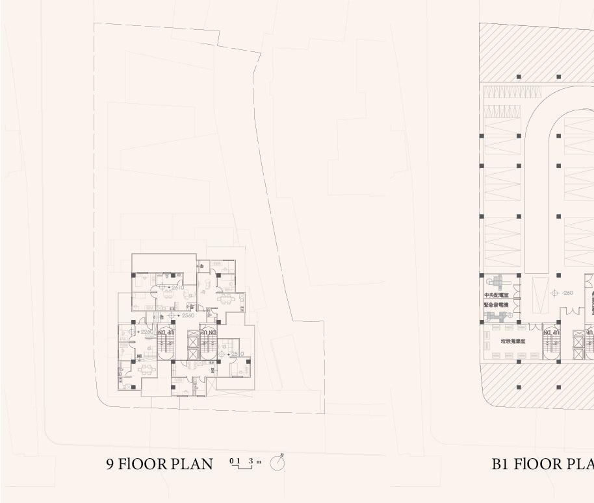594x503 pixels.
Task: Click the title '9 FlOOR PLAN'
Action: pyautogui.click(x=159, y=464)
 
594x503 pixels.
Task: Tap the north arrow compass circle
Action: pyautogui.click(x=278, y=463)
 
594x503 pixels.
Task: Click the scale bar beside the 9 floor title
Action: pyautogui.click(x=241, y=464)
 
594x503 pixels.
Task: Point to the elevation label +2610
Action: pyautogui.click(x=177, y=288)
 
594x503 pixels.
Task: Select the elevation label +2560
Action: pyautogui.click(x=187, y=315)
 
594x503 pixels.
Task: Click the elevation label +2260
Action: pyautogui.click(x=147, y=332)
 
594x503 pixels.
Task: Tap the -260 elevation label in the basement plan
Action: pyautogui.click(x=567, y=293)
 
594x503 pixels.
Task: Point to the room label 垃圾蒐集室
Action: pyautogui.click(x=513, y=340)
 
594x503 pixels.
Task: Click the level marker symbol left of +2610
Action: pyautogui.click(x=162, y=288)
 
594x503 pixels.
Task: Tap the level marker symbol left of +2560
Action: pyautogui.click(x=171, y=315)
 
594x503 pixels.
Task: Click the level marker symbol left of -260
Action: pyautogui.click(x=555, y=293)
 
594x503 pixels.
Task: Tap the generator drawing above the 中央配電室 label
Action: pyautogui.click(x=498, y=282)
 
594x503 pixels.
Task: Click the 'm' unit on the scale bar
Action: pyautogui.click(x=259, y=461)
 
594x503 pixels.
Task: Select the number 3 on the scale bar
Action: pyautogui.click(x=251, y=461)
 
